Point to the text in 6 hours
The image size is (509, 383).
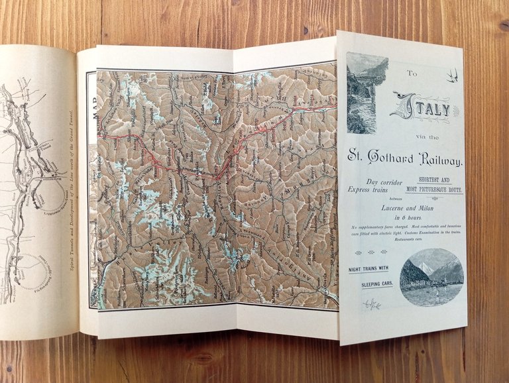point(406,217)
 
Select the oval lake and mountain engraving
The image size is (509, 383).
point(432,277)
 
